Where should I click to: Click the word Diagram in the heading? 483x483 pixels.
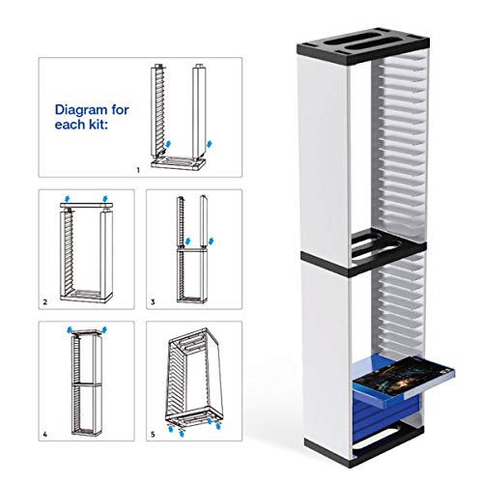pos(82,110)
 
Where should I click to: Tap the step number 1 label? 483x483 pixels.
pos(138,170)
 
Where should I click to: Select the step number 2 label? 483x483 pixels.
pos(45,302)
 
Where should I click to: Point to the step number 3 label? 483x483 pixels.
pos(153,302)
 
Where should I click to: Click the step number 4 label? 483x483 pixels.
pos(45,435)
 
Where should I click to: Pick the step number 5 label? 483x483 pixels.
pos(153,435)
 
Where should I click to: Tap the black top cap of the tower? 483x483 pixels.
pos(363,45)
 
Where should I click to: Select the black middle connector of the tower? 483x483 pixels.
pos(364,254)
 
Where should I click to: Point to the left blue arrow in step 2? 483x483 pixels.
pos(67,199)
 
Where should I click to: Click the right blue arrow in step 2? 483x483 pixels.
pos(104,199)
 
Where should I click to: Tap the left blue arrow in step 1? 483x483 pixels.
pos(168,144)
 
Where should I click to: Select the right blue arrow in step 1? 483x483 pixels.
pos(210,144)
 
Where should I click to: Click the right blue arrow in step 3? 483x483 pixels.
pos(211,241)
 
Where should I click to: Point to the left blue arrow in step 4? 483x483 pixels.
pos(70,330)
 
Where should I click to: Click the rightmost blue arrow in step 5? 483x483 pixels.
pos(218,426)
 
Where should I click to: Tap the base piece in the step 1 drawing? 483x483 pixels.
pos(178,163)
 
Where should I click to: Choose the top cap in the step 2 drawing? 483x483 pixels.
pos(86,205)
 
